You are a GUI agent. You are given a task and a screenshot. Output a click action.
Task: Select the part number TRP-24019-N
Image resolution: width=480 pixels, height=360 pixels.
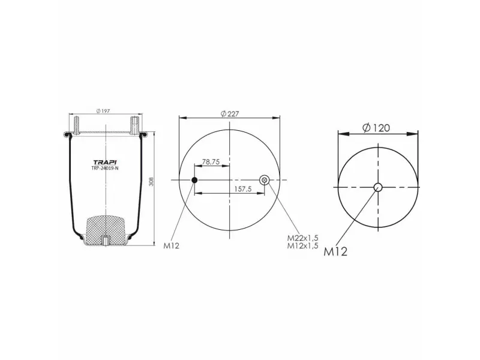(x=106, y=169)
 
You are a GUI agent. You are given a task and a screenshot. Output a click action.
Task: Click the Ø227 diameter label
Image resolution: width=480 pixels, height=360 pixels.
(x=230, y=114)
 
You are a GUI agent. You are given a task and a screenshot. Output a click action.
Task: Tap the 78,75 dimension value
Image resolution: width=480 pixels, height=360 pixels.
(x=211, y=162)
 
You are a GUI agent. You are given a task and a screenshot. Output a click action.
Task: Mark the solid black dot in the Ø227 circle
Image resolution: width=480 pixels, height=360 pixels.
(x=194, y=180)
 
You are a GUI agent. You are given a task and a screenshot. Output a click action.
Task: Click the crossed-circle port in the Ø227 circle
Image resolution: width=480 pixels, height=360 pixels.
(x=264, y=180)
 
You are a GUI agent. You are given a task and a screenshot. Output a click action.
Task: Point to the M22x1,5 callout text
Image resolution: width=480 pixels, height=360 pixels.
(x=302, y=239)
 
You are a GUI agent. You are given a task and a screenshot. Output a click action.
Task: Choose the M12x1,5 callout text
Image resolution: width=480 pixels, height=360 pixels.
(x=302, y=246)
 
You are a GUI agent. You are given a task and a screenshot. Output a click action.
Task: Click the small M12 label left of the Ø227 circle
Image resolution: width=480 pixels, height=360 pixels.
(x=172, y=245)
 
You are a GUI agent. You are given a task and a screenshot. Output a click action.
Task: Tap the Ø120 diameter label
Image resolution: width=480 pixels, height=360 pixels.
(x=377, y=127)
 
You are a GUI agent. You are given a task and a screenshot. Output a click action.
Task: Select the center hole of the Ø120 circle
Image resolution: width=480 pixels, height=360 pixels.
(x=378, y=187)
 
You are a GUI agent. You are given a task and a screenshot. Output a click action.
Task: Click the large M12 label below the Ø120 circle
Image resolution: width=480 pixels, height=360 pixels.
(x=336, y=252)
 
